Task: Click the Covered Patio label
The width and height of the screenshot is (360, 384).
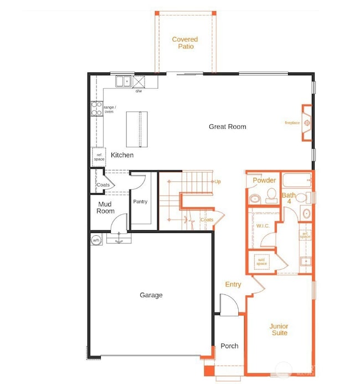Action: pos(184,43)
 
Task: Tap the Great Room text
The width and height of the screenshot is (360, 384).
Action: pos(227,127)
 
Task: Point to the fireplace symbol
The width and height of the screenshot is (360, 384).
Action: pos(306,123)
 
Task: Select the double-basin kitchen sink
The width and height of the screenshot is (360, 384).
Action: pos(122,82)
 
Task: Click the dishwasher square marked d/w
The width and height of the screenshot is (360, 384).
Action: pos(138,82)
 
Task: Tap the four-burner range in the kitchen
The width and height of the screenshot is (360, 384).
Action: pos(96,109)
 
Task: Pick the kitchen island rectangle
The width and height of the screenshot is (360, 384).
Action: pos(137,129)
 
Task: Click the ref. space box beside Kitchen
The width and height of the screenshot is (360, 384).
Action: pos(99,157)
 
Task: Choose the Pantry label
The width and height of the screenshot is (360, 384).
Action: pos(140,202)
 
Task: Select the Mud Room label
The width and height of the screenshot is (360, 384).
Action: pos(105,207)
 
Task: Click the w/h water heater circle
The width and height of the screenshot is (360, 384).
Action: pos(96,240)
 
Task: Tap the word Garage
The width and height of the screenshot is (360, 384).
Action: pos(151,295)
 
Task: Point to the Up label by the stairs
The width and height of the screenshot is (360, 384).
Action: pos(218,181)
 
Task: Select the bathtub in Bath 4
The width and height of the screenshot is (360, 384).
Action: pos(296,181)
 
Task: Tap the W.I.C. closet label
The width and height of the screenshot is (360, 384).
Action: pos(263,226)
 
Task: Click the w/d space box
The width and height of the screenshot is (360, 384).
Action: pos(261,261)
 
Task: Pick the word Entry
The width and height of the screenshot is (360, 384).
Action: pos(233,284)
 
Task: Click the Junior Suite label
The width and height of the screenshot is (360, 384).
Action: pos(279,329)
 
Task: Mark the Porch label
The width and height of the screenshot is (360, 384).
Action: pos(229,346)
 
